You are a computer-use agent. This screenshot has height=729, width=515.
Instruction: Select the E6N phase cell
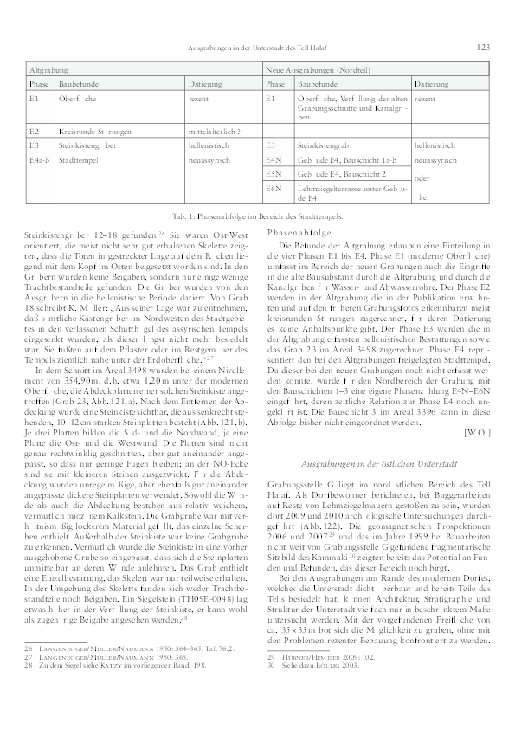coord(276,188)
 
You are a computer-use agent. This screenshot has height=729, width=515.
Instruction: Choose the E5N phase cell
coord(276,174)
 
